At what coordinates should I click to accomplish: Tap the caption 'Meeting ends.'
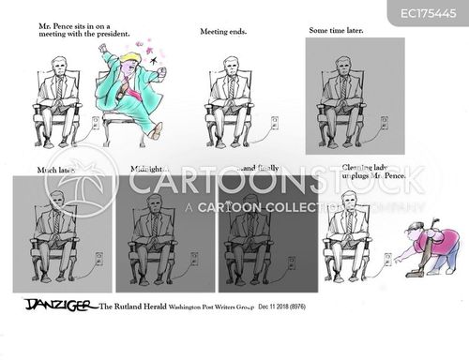[x=222, y=32]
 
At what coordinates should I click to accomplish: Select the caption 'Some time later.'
[x=336, y=30]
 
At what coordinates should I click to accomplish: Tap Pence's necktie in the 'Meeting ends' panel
[x=230, y=90]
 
